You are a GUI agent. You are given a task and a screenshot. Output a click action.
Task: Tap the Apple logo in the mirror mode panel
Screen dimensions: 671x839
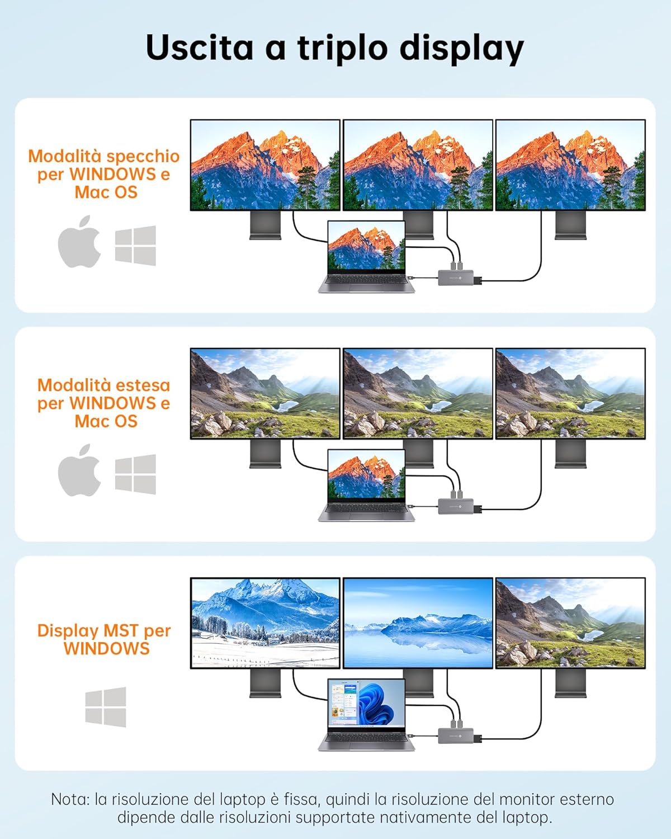79,241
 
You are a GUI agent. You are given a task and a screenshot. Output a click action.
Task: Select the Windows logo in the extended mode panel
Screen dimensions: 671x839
135,474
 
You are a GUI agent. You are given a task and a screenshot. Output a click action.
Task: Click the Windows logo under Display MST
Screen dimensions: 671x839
106,707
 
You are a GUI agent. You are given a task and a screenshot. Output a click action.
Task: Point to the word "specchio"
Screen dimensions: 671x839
143,157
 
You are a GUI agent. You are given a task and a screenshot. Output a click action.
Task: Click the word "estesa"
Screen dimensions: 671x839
143,385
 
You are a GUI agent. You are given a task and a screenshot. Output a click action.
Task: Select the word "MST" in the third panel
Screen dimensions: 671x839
121,630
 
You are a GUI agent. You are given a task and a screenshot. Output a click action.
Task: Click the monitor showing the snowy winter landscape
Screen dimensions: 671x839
265,623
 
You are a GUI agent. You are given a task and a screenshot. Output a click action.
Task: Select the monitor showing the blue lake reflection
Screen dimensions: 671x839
418,623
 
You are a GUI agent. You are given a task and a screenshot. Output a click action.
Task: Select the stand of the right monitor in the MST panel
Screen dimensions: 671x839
570,684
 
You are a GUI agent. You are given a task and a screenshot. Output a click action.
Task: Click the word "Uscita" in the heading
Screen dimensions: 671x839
199,47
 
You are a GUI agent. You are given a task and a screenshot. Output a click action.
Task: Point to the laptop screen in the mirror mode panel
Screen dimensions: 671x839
366,245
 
